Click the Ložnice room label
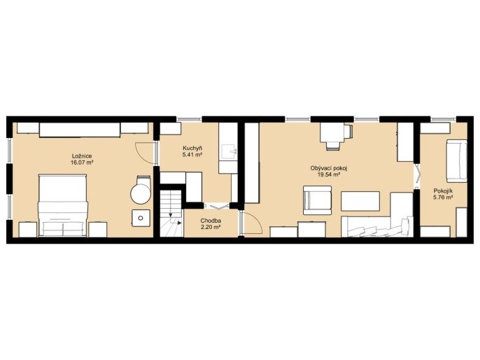click(81, 156)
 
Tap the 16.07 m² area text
click(81, 162)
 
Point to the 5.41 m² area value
click(192, 155)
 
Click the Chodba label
click(211, 221)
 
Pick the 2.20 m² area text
click(211, 227)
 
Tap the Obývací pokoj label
click(328, 168)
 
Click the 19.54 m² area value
click(328, 174)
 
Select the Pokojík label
click(443, 191)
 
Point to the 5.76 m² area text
click(443, 198)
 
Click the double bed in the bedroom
click(63, 205)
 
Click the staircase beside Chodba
click(171, 213)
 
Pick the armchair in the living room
click(317, 200)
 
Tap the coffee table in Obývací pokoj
click(360, 201)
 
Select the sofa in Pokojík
click(456, 161)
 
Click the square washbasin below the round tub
click(141, 218)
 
